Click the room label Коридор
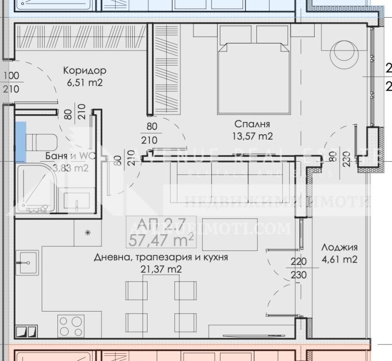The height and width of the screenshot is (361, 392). (85, 71)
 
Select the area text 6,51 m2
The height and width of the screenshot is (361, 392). (85, 82)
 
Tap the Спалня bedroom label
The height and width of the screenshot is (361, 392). (252, 124)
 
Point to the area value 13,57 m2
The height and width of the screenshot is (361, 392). (252, 136)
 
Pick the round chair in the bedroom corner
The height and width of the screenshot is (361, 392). (345, 53)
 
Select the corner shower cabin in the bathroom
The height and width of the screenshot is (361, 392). (34, 189)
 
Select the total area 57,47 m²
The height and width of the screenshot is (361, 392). (161, 240)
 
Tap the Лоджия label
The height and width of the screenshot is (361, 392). (340, 247)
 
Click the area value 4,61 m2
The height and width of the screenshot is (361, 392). (340, 259)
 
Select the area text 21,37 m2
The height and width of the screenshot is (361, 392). (161, 269)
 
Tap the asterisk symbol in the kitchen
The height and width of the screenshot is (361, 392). (88, 232)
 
